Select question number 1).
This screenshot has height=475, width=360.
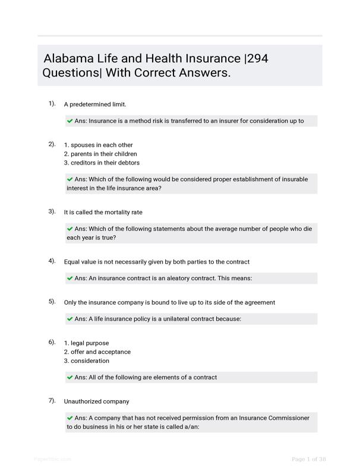[x=52, y=104]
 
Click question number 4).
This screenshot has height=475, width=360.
[x=52, y=261]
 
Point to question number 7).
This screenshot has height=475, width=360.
[x=52, y=401]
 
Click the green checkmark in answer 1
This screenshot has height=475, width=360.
[x=70, y=121]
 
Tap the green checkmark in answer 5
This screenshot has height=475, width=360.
[x=70, y=319]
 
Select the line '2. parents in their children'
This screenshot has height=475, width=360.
[x=100, y=154]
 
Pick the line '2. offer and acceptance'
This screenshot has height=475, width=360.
[x=97, y=352]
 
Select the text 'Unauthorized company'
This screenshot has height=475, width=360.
[x=96, y=401]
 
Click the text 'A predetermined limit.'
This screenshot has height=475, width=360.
[x=95, y=104]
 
